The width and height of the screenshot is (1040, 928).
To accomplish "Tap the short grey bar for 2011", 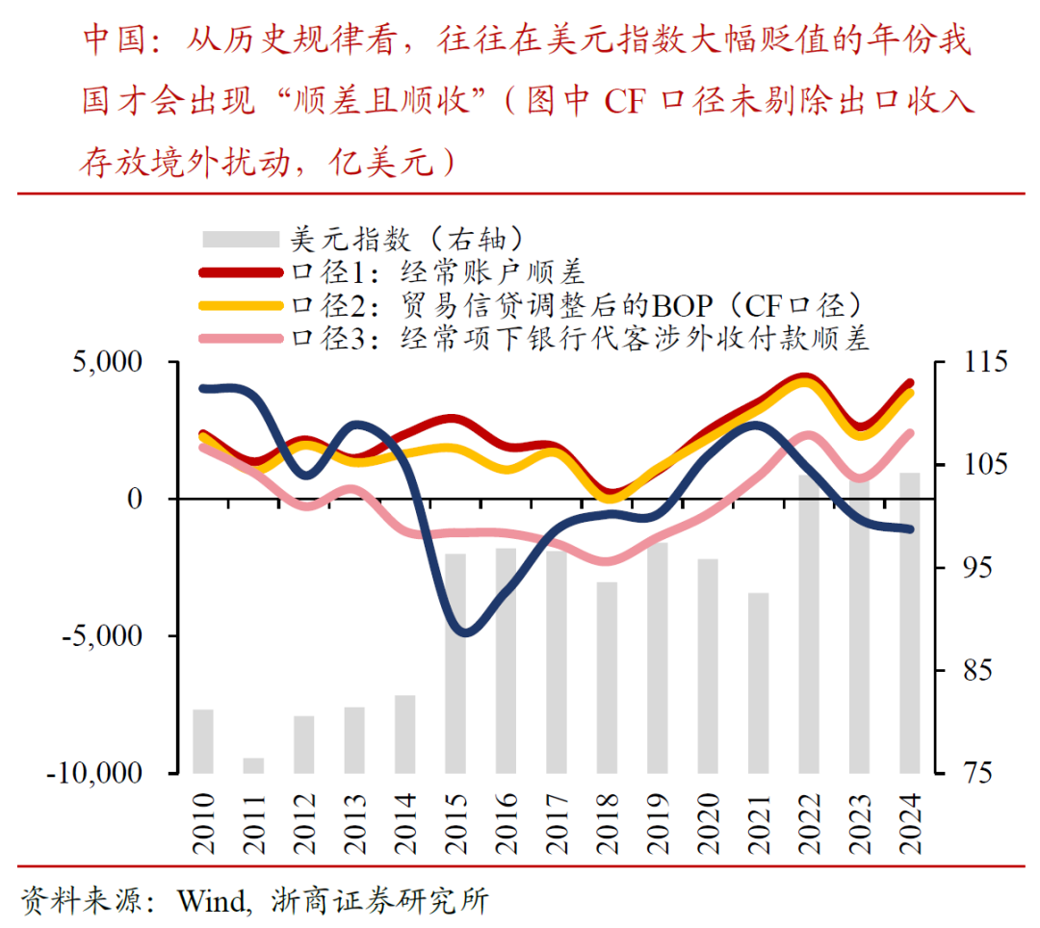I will click(253, 765).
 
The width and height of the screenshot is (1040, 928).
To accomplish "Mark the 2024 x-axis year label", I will click(908, 824).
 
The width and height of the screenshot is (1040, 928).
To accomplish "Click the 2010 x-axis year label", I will click(203, 824).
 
